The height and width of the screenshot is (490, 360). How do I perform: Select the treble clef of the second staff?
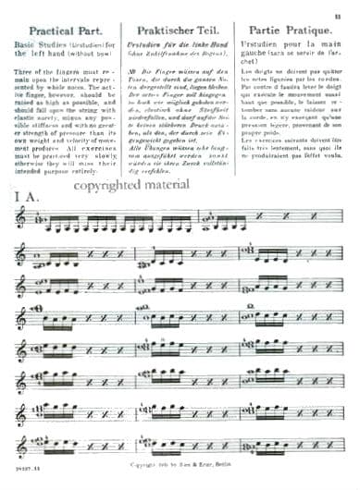point(20,252)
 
